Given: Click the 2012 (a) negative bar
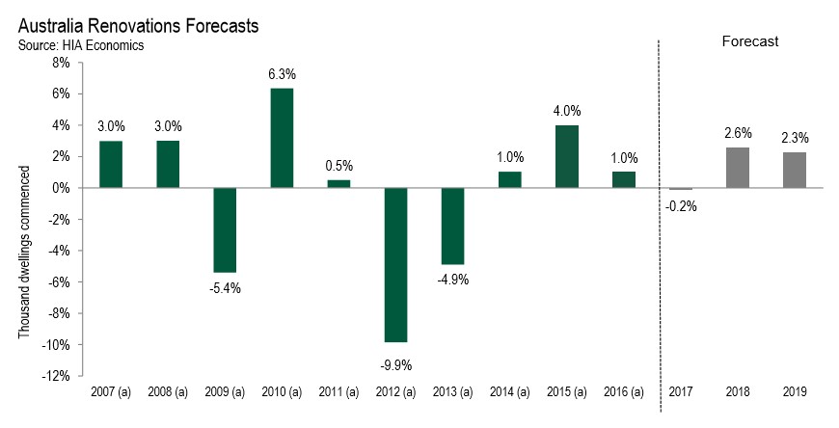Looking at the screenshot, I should (395, 265).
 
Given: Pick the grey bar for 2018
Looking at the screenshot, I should (738, 168).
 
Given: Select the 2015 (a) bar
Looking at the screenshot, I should (567, 156).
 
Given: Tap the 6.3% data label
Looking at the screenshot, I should (282, 73).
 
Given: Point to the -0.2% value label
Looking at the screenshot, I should (681, 204).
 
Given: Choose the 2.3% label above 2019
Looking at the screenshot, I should (795, 138).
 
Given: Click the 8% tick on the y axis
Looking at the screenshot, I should (60, 63).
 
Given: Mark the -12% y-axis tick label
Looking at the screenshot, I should (55, 376).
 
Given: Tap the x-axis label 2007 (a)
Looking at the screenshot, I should (110, 392).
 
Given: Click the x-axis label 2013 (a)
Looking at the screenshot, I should (452, 392).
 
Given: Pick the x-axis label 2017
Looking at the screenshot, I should (681, 392).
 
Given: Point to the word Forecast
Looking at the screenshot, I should (750, 41).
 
